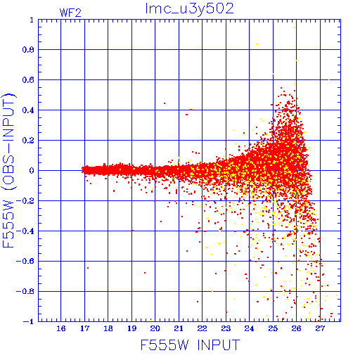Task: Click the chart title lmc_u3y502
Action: [x=189, y=9]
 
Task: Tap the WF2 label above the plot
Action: [x=70, y=13]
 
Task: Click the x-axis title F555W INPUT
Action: [x=190, y=345]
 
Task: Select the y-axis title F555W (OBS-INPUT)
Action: [x=8, y=170]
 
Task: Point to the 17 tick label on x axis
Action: [x=84, y=328]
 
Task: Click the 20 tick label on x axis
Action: [x=155, y=328]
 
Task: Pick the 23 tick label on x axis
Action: [x=226, y=328]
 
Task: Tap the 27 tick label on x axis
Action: [x=320, y=328]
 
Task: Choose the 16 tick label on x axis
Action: [x=61, y=328]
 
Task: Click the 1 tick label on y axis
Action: [x=32, y=20]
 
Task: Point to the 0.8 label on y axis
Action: [x=28, y=50]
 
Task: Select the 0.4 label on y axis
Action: [x=28, y=110]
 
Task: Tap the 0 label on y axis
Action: [x=32, y=170]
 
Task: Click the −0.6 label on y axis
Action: [x=25, y=261]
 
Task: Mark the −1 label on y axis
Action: [x=29, y=321]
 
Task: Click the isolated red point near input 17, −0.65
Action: [x=88, y=268]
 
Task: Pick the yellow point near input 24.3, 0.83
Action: [x=257, y=44]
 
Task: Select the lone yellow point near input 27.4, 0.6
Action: [x=329, y=79]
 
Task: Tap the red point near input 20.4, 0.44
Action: [x=165, y=103]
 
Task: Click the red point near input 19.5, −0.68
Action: [x=145, y=273]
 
